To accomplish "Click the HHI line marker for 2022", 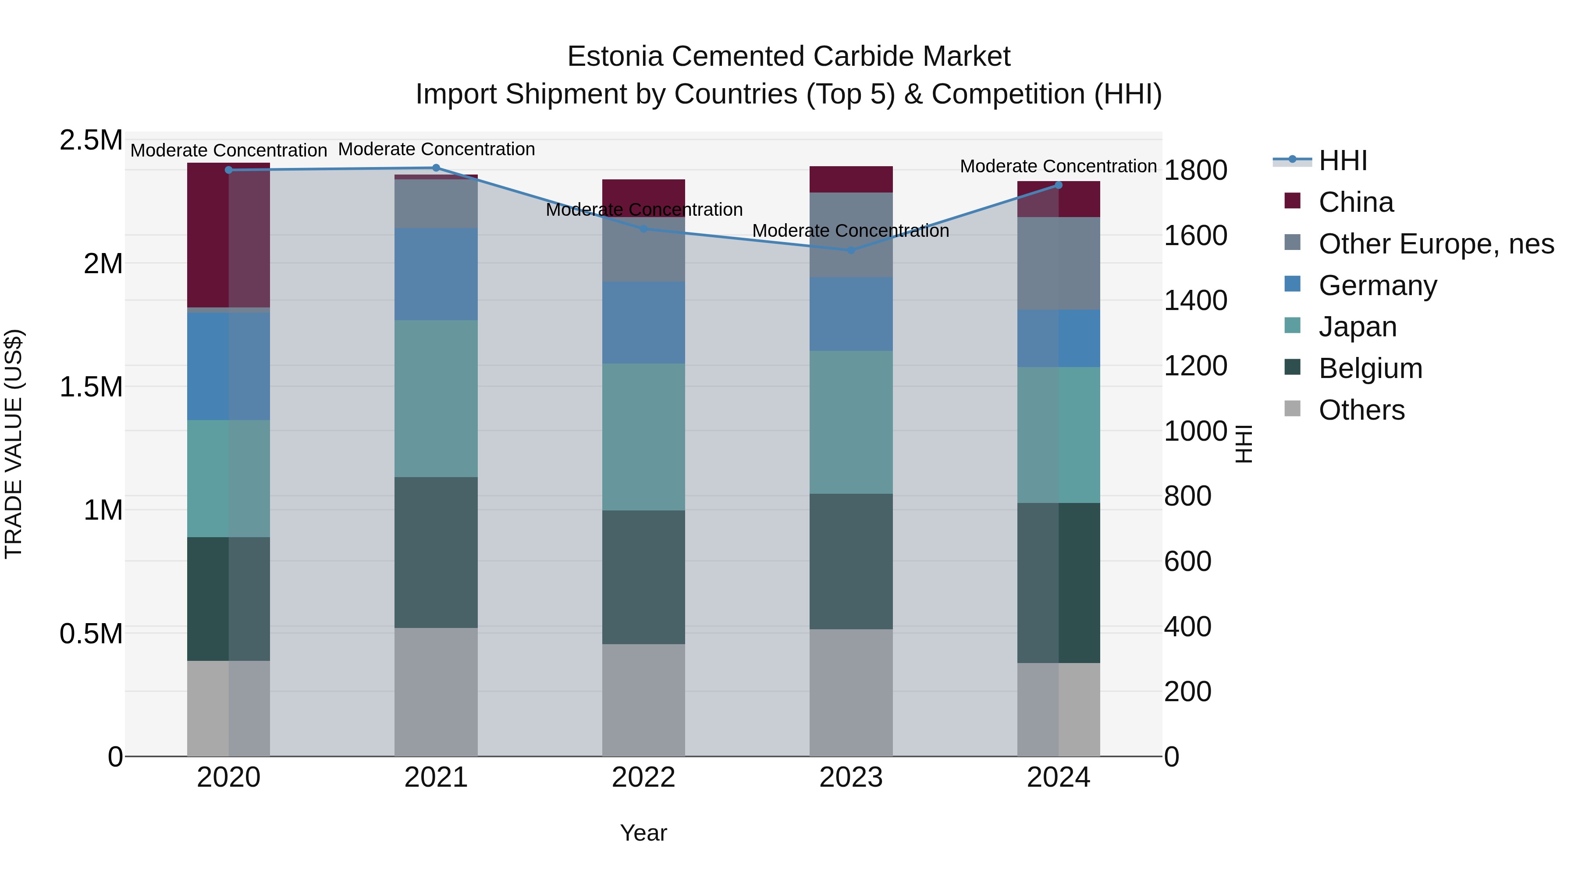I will pyautogui.click(x=643, y=228).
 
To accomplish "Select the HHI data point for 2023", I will pyautogui.click(x=851, y=250).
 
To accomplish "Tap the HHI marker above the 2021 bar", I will pyautogui.click(x=436, y=168).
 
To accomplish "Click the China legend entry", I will pyautogui.click(x=1356, y=202).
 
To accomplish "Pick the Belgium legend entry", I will pyautogui.click(x=1370, y=368).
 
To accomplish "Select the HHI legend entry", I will pyautogui.click(x=1342, y=160).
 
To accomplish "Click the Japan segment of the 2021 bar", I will pyautogui.click(x=436, y=398).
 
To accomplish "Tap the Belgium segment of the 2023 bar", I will pyautogui.click(x=851, y=561).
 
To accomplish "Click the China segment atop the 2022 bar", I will pyautogui.click(x=643, y=190).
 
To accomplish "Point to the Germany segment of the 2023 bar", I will pyautogui.click(x=851, y=314).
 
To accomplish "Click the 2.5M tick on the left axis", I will pyautogui.click(x=91, y=140).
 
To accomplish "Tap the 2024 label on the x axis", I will pyautogui.click(x=1058, y=777).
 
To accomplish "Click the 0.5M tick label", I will pyautogui.click(x=91, y=634).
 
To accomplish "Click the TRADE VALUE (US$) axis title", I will pyautogui.click(x=14, y=444).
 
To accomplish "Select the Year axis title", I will pyautogui.click(x=643, y=833).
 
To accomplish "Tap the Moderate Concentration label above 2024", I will pyautogui.click(x=1058, y=166).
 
